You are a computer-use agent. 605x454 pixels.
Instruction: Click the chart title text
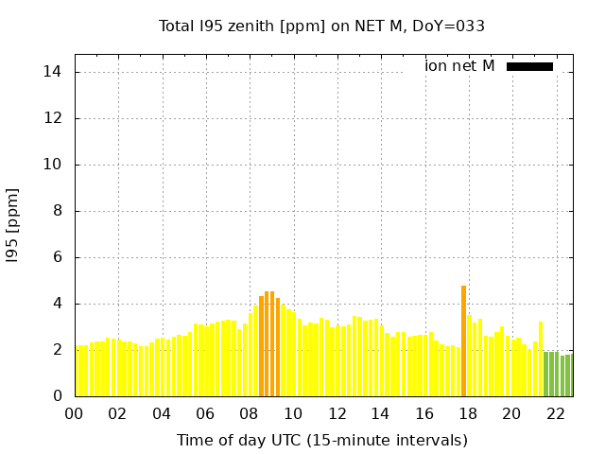point(321,26)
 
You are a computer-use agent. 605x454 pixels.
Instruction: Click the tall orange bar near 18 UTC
point(463,340)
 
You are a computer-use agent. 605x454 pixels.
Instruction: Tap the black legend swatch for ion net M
point(529,66)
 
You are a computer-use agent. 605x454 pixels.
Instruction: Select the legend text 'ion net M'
point(459,66)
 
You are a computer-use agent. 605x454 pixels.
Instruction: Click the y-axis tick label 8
point(57,211)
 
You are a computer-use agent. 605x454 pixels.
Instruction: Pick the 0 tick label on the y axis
point(57,396)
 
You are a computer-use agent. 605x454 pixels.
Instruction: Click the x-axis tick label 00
point(75,414)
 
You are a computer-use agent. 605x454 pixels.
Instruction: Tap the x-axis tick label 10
point(293,414)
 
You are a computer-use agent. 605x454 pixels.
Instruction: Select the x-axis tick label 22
point(555,414)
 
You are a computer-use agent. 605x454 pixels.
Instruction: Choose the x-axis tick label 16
point(423,414)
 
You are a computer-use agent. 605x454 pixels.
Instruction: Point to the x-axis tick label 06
point(206,414)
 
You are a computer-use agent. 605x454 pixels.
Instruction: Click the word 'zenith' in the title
point(250,26)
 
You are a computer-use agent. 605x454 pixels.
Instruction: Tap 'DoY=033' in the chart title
point(448,26)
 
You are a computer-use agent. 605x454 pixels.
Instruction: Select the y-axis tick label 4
point(57,304)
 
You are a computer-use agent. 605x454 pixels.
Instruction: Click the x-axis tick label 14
point(380,414)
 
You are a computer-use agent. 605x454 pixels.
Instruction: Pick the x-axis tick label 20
point(511,414)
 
